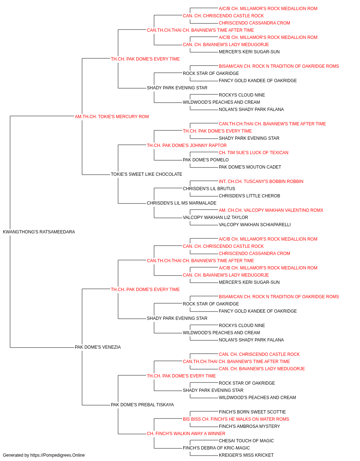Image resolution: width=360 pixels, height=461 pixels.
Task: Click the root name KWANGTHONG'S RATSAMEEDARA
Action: coord(39,232)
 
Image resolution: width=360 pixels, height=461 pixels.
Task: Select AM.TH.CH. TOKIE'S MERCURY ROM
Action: coord(112,117)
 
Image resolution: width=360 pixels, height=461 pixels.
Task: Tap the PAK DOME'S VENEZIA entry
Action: coord(98,347)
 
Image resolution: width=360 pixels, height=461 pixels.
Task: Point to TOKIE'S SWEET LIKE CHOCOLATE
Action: coord(147,174)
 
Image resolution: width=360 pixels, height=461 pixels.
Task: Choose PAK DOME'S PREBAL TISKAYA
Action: coord(142,405)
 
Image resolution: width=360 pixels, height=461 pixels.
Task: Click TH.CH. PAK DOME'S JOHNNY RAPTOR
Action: coord(187,145)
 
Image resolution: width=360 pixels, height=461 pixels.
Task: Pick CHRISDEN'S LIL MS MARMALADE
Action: coord(182,203)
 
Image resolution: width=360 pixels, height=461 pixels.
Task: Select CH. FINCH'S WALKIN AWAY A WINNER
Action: coord(186,434)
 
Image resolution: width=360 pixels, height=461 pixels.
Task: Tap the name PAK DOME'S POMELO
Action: coord(206,160)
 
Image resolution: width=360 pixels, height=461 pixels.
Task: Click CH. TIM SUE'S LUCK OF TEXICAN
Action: coord(253,153)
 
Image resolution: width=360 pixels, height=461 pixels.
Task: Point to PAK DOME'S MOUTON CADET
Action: coord(250,167)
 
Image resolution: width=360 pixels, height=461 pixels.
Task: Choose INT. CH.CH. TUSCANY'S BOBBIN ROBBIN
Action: coord(261,182)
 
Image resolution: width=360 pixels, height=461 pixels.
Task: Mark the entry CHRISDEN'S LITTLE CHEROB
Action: coord(249,196)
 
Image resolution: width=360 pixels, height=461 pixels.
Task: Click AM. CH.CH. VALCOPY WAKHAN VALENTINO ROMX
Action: coord(271,210)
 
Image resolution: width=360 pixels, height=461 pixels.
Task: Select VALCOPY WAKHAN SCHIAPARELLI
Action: coord(255,225)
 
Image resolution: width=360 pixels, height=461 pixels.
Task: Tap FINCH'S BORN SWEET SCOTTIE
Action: coord(252,412)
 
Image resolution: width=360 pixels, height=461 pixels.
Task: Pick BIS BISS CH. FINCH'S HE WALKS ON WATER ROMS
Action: coord(236,419)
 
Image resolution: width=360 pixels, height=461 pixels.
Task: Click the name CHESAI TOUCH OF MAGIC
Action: coord(246,441)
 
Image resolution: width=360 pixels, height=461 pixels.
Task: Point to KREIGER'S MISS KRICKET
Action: coord(246,455)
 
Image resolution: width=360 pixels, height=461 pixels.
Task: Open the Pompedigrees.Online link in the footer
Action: coord(58,455)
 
